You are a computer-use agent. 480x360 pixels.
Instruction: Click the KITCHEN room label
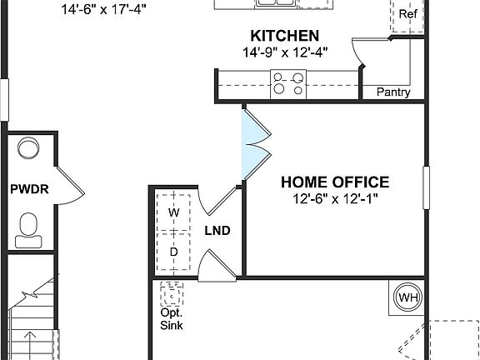(x=284, y=36)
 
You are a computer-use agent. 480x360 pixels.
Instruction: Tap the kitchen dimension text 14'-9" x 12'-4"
(x=284, y=52)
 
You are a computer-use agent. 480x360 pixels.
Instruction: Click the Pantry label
(x=393, y=92)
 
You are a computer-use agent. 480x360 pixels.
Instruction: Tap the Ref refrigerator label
(x=407, y=14)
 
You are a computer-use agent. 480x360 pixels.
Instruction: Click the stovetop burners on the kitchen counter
(x=289, y=82)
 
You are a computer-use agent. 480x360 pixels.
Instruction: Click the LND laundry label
(x=217, y=231)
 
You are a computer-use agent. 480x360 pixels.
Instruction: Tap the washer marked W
(x=174, y=212)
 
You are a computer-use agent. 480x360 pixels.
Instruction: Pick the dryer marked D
(x=174, y=251)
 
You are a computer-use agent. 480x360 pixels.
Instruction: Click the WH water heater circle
(x=408, y=297)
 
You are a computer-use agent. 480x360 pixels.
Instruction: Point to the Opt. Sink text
(x=172, y=319)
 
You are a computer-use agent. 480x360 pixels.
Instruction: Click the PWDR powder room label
(x=29, y=189)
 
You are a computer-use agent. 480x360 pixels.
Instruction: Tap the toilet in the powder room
(x=30, y=226)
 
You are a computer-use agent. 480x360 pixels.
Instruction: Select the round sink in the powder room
(x=29, y=149)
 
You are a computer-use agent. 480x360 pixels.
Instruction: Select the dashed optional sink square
(x=172, y=295)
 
